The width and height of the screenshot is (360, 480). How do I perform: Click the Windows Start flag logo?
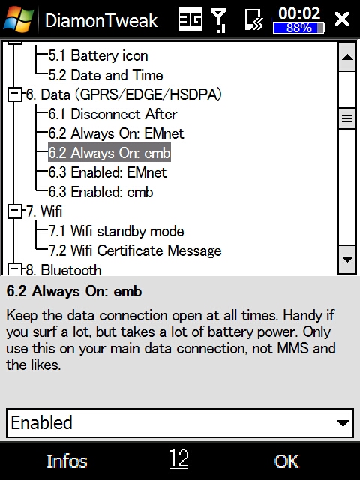18,19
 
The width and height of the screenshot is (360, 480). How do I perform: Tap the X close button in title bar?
342,19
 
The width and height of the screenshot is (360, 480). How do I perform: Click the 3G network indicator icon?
190,19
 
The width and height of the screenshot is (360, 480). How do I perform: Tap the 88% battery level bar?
298,28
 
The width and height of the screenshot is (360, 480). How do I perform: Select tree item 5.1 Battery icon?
98,55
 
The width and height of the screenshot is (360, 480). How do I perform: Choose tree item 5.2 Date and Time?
106,75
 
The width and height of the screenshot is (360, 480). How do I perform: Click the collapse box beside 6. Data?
15,94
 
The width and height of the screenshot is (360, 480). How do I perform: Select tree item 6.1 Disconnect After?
113,114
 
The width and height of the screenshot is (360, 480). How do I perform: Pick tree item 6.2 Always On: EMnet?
116,133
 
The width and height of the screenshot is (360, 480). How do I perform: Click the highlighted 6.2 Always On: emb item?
109,153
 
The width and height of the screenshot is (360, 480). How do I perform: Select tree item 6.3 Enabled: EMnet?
108,172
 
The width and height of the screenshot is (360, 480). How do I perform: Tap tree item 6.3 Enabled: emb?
100,192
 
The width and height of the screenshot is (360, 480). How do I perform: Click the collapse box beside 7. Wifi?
15,211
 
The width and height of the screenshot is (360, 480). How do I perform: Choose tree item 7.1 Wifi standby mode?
116,231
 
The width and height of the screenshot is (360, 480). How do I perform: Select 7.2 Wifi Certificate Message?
135,250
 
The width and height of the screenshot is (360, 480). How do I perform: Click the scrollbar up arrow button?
347,57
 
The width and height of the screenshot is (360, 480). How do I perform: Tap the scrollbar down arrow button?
347,259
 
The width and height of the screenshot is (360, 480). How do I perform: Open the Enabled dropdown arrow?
343,423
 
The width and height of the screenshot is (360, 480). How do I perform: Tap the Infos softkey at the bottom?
67,461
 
